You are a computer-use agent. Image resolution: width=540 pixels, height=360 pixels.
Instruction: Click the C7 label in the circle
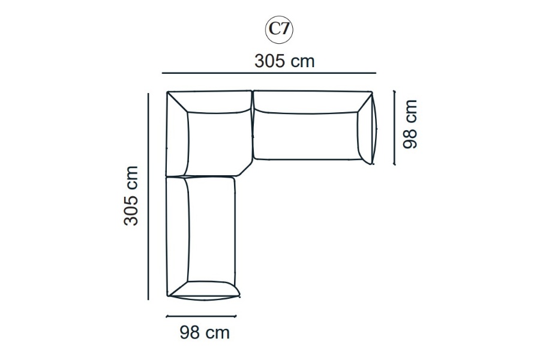tap(278, 29)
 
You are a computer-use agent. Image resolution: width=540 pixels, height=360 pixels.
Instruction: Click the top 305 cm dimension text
tap(284, 61)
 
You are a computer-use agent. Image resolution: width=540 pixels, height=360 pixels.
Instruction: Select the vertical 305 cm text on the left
tap(131, 196)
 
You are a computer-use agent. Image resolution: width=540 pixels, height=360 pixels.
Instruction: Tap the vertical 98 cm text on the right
tap(410, 124)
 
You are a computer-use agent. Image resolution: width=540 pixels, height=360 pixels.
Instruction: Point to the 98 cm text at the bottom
tap(205, 332)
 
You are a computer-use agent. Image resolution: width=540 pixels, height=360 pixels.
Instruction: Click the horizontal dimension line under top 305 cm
tap(269, 73)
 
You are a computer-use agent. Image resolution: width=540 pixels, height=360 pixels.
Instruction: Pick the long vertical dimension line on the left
tap(148, 196)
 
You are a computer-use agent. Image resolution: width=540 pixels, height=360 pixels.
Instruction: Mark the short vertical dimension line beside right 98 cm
tap(395, 128)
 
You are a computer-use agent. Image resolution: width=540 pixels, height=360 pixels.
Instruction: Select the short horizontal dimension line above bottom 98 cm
tap(201, 316)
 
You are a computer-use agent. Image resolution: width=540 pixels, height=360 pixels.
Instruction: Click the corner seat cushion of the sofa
tap(218, 143)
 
